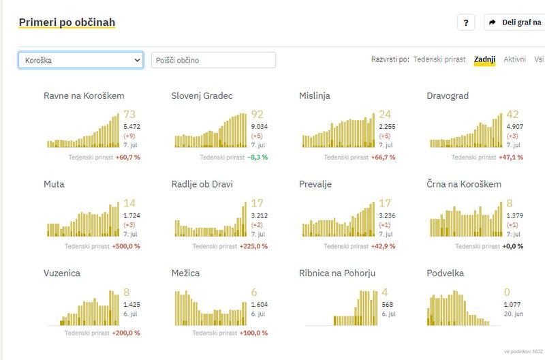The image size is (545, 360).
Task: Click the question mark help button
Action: point(466,22)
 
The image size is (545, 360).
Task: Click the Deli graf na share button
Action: point(514,22)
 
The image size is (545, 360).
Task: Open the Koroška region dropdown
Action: point(80,60)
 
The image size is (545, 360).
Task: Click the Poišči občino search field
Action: point(213,60)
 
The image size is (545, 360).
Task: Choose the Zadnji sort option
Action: point(484,59)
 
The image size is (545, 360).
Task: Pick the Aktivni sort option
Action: point(514,59)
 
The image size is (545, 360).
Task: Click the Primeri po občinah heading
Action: point(67,22)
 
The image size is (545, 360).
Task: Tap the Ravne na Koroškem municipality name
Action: point(84,96)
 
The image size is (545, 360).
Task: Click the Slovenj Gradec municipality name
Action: point(202,96)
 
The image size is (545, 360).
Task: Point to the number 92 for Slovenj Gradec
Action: point(258,115)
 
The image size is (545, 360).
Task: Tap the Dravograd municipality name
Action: point(448,96)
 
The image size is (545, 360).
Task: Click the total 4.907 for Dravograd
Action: point(514,126)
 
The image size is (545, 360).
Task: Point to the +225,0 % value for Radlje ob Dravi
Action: point(253,245)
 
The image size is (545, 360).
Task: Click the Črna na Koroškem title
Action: point(464,185)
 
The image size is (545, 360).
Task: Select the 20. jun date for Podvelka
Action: point(513,314)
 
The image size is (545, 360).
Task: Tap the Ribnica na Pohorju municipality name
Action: point(338,273)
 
